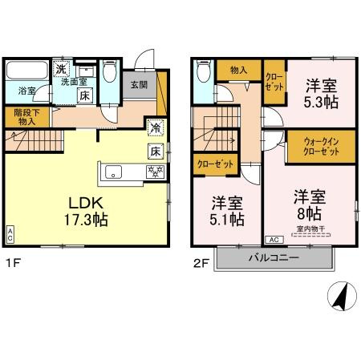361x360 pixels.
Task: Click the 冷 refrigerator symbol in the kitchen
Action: pos(154,127)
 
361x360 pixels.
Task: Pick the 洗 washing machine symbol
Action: pos(61,69)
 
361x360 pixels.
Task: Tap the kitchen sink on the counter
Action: pos(112,172)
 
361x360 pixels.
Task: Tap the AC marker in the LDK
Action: pos(10,235)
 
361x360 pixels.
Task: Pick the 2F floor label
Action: pos(200,262)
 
